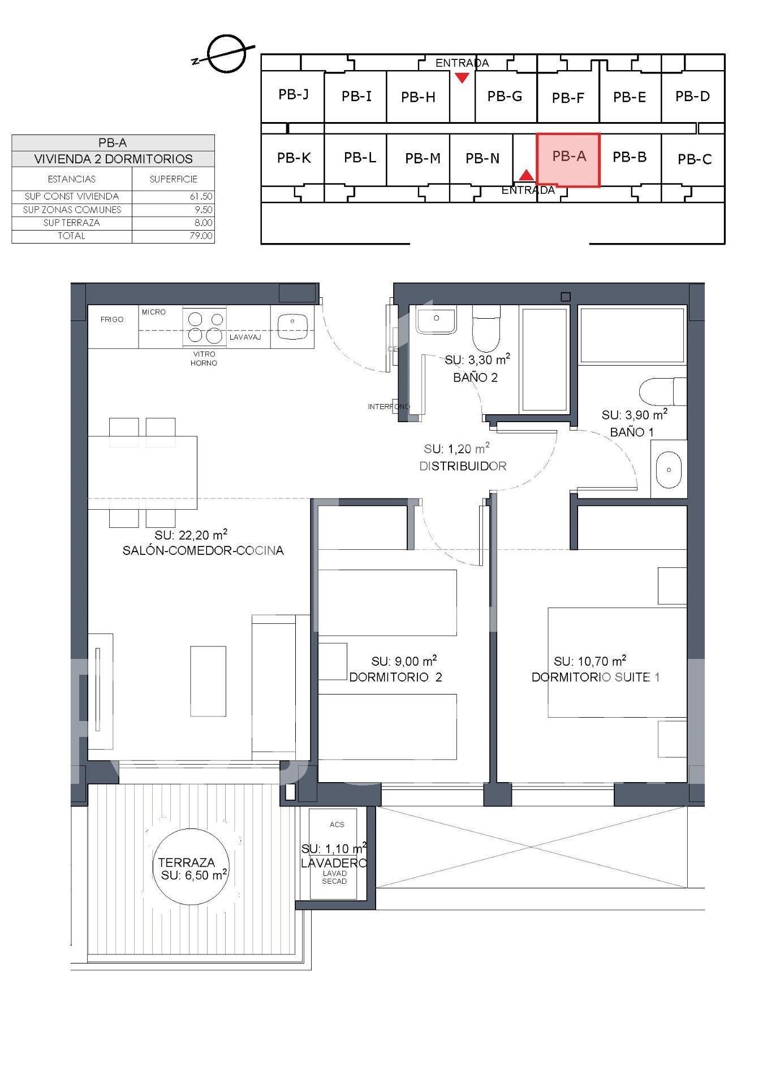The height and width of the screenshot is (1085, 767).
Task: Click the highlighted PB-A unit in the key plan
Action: click(x=568, y=160)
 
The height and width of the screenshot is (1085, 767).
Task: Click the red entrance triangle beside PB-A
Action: click(x=527, y=175)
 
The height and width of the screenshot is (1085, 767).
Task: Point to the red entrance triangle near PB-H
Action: click(x=462, y=77)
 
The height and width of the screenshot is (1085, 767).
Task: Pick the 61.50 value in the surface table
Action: click(x=201, y=197)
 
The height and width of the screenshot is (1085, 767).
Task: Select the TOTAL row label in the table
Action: click(x=72, y=236)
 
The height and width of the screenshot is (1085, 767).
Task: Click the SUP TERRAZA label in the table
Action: click(x=72, y=223)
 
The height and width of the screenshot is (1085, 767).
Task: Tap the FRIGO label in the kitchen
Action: click(x=112, y=319)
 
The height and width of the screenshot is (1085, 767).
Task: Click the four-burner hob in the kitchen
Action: click(x=204, y=327)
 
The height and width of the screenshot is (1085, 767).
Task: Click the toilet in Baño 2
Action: click(x=486, y=329)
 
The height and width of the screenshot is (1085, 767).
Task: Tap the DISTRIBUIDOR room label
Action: click(x=463, y=466)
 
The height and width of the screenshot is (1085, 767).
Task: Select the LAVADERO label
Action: click(x=334, y=863)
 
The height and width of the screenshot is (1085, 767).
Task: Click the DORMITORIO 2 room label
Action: click(x=395, y=677)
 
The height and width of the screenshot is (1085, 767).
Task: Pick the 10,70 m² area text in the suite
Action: click(x=590, y=661)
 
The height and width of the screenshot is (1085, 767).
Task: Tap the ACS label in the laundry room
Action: click(x=337, y=824)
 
